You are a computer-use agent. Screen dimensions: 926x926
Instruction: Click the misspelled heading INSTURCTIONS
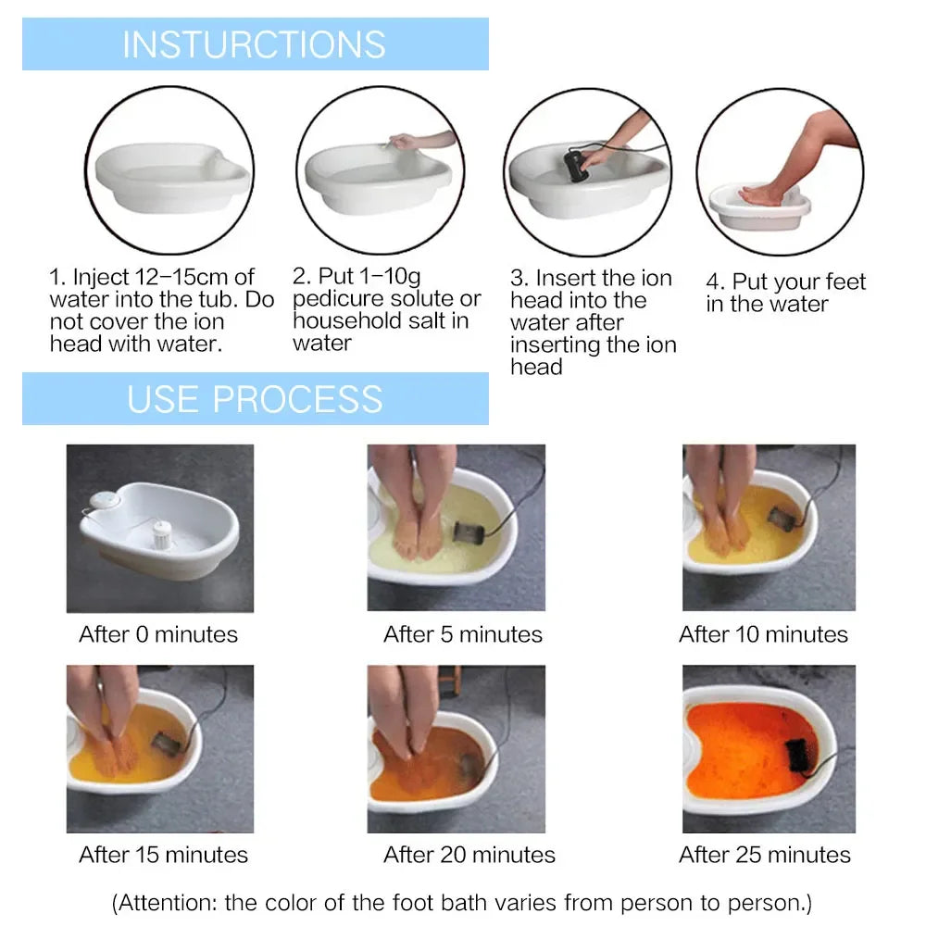[x=254, y=44]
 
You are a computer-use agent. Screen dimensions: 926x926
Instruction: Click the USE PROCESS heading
[x=255, y=398]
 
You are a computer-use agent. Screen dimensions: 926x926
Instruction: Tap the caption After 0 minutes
[x=158, y=634]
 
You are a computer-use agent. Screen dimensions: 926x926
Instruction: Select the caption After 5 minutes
[x=463, y=634]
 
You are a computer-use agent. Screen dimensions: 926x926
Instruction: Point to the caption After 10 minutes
[x=763, y=634]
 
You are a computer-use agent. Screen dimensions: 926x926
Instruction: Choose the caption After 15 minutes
[x=164, y=855]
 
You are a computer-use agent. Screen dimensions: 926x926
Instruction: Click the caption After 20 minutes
[x=469, y=855]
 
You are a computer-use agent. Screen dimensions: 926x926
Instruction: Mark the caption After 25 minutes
[x=765, y=855]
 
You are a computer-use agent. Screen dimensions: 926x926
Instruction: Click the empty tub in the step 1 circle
[x=172, y=176]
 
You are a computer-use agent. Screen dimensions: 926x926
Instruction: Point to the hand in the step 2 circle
[x=405, y=142]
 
